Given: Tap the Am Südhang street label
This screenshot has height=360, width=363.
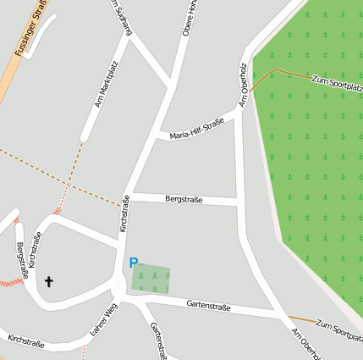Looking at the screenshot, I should coord(123,18).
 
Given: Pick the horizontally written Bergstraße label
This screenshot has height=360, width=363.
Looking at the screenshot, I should coord(184,200).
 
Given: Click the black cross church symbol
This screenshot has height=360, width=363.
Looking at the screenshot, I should coord(48,281).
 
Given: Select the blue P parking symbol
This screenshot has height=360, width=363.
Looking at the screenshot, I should coord(134,263).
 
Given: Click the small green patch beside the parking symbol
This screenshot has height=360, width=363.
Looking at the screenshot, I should coord(153,279).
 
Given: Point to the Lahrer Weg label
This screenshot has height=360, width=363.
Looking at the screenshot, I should coord(103,319).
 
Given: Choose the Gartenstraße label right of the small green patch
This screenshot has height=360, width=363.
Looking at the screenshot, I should coord(209,305).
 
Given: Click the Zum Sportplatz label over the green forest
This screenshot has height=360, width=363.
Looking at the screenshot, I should coord(337,82).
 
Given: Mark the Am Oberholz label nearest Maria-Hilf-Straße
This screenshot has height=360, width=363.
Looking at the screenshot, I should coord(245,85).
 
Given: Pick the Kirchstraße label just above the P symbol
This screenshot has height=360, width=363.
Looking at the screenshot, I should coord(124,213).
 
